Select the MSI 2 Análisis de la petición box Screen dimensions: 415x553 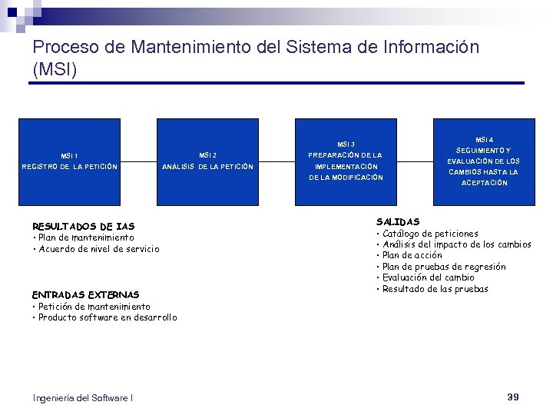pos(207,161)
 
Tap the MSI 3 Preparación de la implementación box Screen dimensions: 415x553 pos(346,161)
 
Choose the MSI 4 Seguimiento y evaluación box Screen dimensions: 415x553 pos(484,161)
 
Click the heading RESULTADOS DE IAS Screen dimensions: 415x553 pos(83,226)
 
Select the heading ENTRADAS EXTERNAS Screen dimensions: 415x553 pos(85,294)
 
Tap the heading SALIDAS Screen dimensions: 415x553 pos(398,221)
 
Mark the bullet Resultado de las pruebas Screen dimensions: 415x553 pos(435,289)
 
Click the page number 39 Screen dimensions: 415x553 pos(513,397)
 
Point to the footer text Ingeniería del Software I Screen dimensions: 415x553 pos(83,397)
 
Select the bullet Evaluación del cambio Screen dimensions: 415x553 pos(428,277)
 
